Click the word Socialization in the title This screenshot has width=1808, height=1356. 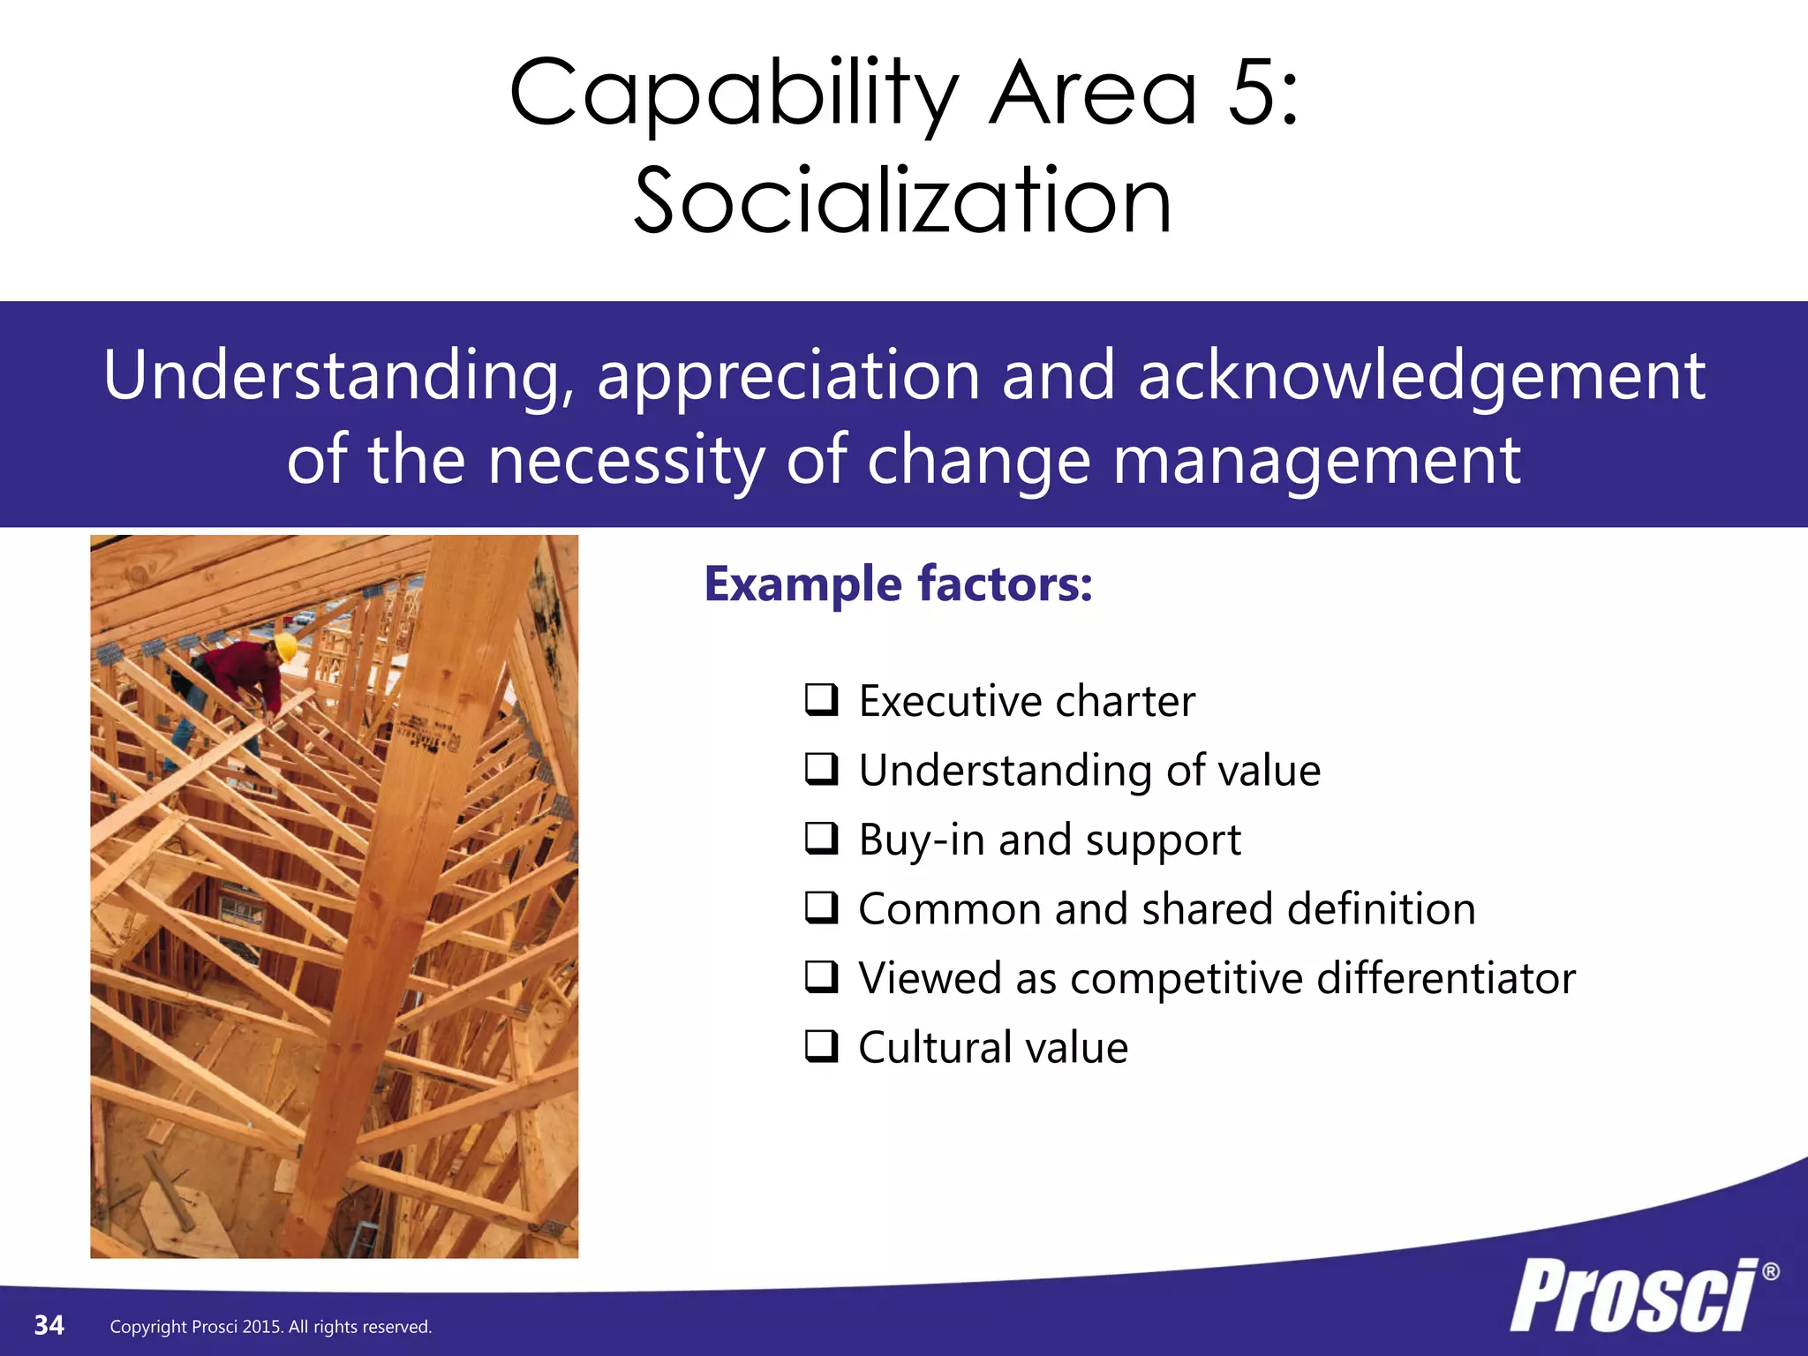902,201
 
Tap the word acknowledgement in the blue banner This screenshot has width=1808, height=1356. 1421,376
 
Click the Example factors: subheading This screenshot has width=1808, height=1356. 898,584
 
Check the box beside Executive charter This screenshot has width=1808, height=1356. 821,699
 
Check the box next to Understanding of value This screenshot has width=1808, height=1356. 821,769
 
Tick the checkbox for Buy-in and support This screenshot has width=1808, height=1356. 821,838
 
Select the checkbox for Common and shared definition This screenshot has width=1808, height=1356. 821,908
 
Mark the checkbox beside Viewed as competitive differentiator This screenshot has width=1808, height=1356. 821,976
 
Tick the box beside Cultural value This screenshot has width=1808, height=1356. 821,1046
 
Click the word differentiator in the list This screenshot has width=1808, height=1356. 1445,978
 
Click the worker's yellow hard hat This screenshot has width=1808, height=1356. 285,646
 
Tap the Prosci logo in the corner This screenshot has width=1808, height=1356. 1633,1296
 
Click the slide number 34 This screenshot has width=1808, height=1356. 49,1325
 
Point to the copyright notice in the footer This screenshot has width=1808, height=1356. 270,1327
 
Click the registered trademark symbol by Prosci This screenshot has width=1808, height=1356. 1770,1272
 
